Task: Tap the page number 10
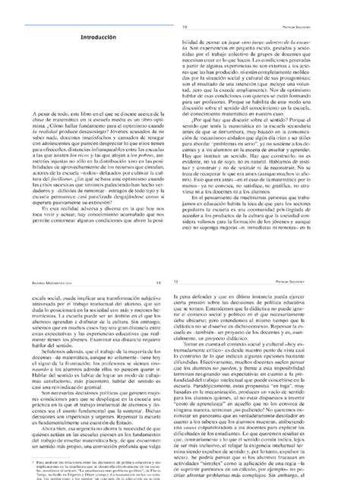[x=186, y=5]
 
